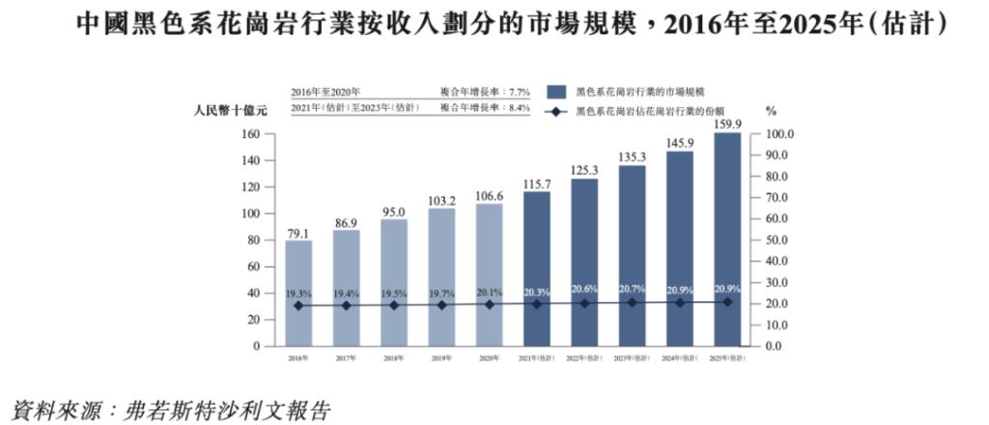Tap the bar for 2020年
click(489, 274)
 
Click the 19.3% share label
click(298, 293)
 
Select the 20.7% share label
click(632, 290)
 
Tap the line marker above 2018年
click(394, 305)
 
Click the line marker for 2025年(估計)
click(727, 302)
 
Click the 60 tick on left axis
click(255, 267)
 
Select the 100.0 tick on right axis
click(778, 134)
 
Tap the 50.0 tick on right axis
click(778, 240)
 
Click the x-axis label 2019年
click(441, 358)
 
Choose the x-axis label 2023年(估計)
click(632, 358)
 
